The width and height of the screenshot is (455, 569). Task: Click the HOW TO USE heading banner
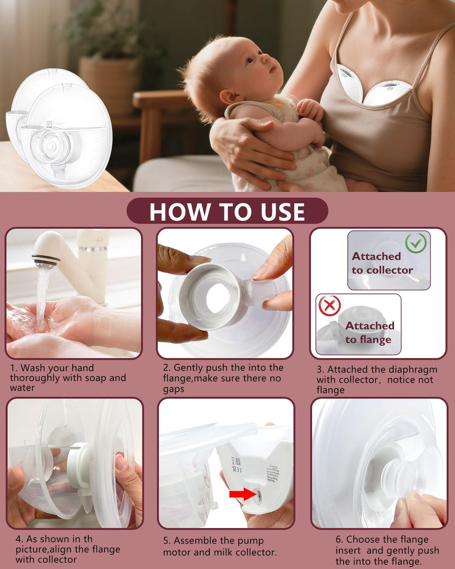coord(227,211)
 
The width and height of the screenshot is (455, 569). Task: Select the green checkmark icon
coord(415,243)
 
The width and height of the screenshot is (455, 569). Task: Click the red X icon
coord(329,306)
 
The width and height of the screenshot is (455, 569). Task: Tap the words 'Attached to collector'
coord(382,263)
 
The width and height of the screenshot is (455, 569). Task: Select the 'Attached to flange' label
coord(369,333)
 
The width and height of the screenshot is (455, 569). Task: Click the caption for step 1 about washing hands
coord(68,378)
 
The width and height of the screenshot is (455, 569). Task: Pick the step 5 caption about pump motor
coord(220,546)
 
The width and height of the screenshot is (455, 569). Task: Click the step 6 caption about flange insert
coord(387,550)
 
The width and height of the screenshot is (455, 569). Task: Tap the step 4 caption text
coord(68,549)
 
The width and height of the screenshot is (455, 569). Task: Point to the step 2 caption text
coord(223,378)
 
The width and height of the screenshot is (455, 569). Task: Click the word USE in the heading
coord(283,212)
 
